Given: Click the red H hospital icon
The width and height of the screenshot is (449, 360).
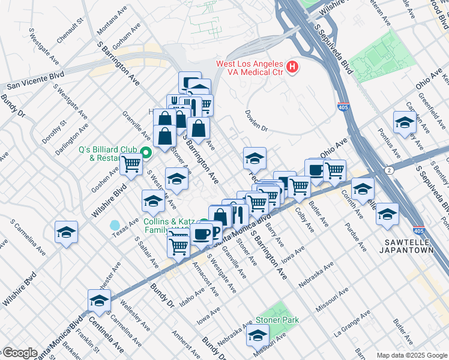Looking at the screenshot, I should (x=292, y=67).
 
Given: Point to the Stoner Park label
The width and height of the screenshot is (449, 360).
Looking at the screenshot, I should (x=277, y=320).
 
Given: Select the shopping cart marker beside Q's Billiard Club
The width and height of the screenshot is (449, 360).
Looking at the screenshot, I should (x=131, y=163).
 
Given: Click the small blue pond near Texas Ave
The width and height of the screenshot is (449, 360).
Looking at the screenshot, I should (x=115, y=225).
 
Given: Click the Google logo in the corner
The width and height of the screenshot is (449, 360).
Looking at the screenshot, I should (x=19, y=353).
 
